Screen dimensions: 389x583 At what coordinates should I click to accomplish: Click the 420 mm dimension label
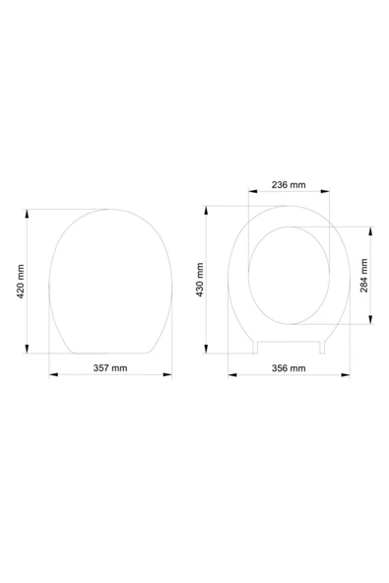point(21,282)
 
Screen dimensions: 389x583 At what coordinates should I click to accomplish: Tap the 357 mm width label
point(110,368)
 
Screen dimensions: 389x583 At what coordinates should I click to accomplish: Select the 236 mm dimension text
point(289,185)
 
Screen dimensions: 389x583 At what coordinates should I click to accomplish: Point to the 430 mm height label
point(200,280)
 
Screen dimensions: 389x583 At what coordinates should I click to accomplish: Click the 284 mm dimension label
point(364,276)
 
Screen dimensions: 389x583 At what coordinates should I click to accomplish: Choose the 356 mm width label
point(289,368)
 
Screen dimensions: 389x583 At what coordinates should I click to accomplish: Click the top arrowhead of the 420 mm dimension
point(27,214)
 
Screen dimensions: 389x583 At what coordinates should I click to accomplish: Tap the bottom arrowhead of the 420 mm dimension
point(27,349)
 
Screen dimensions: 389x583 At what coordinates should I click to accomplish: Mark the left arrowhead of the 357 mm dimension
point(54,374)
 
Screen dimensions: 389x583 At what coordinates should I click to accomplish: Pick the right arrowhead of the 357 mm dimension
point(167,374)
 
